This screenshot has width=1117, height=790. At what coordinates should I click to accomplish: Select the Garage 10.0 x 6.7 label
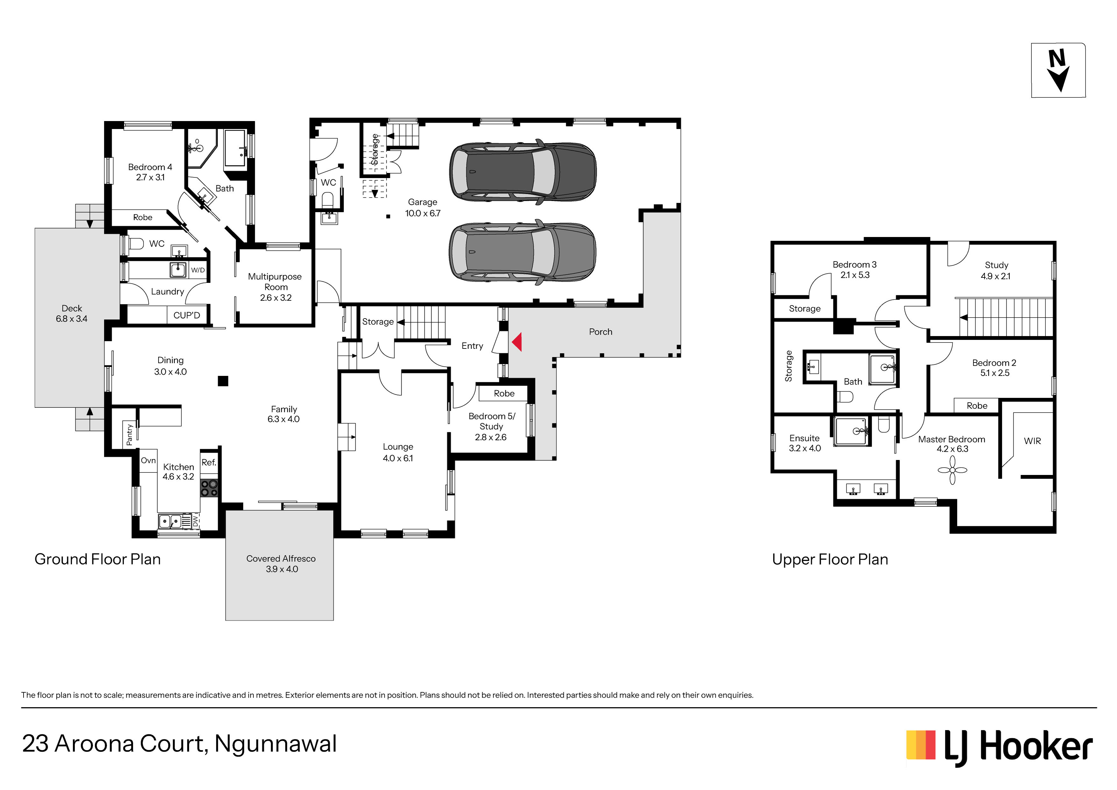coord(423,207)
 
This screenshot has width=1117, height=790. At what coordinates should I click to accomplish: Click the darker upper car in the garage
coord(523,171)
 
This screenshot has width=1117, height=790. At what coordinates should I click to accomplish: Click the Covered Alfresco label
coord(281,564)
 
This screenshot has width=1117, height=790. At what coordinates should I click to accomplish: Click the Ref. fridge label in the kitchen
coord(209,463)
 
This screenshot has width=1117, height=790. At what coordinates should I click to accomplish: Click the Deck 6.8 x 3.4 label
coord(72,313)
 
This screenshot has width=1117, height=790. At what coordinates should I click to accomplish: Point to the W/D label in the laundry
coord(198,270)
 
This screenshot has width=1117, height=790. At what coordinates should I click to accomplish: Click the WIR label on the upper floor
coord(1032,441)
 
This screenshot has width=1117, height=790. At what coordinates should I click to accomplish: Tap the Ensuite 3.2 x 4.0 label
coord(805,443)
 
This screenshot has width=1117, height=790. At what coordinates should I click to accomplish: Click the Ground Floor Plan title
coord(97,559)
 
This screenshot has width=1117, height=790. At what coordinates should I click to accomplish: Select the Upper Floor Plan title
coord(830,560)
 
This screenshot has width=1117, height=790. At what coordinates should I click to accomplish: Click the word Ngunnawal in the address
coord(275,744)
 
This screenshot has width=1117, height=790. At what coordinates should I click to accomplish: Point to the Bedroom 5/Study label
coord(491,427)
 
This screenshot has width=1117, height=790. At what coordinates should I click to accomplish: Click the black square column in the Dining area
coord(223,381)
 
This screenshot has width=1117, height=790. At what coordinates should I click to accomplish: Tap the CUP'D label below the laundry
coord(187,315)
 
